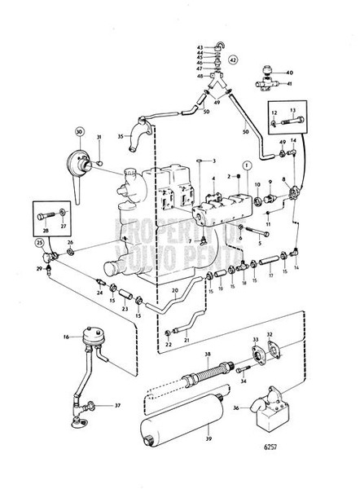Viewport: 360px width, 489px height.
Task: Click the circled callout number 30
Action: (x=80, y=131)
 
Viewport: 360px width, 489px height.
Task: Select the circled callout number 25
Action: (x=39, y=242)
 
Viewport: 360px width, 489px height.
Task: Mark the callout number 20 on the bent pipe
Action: (x=175, y=290)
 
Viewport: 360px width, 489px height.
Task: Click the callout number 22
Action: (x=169, y=345)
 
